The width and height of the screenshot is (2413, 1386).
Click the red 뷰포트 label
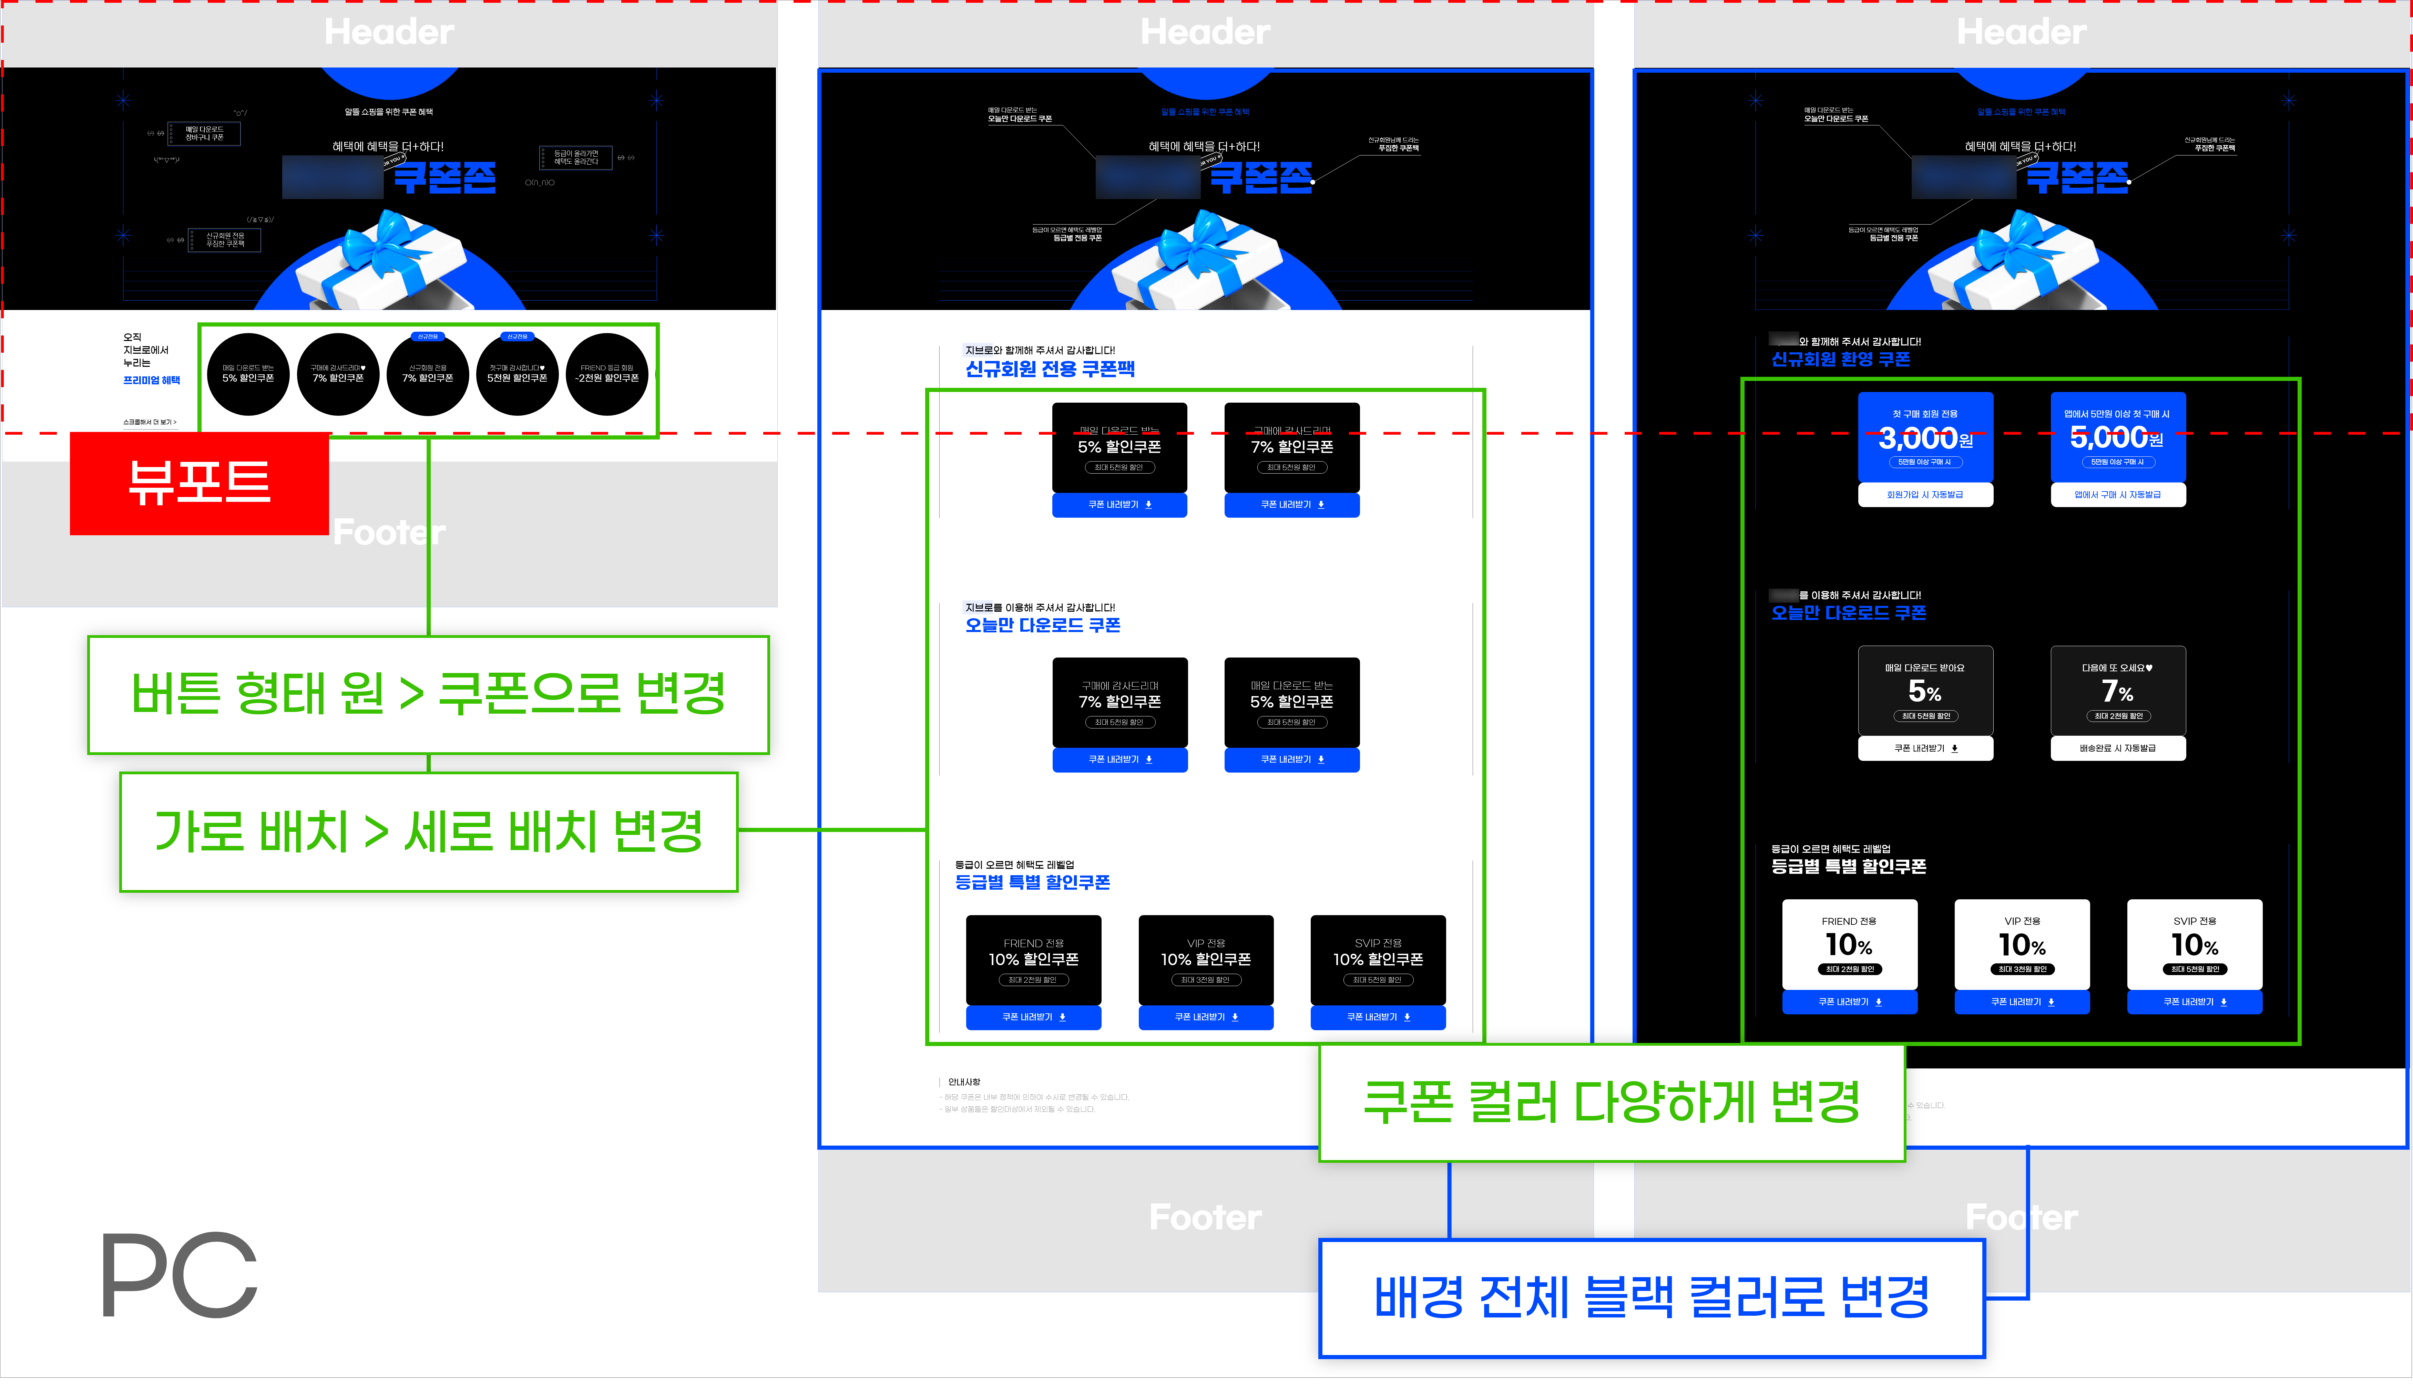[199, 483]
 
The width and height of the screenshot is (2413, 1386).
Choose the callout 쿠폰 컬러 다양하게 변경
[1611, 1102]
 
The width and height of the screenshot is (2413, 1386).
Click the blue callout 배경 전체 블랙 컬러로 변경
[1651, 1297]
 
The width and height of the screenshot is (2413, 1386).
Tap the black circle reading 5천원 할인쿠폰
[517, 374]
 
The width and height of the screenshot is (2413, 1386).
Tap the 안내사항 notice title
[964, 1082]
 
